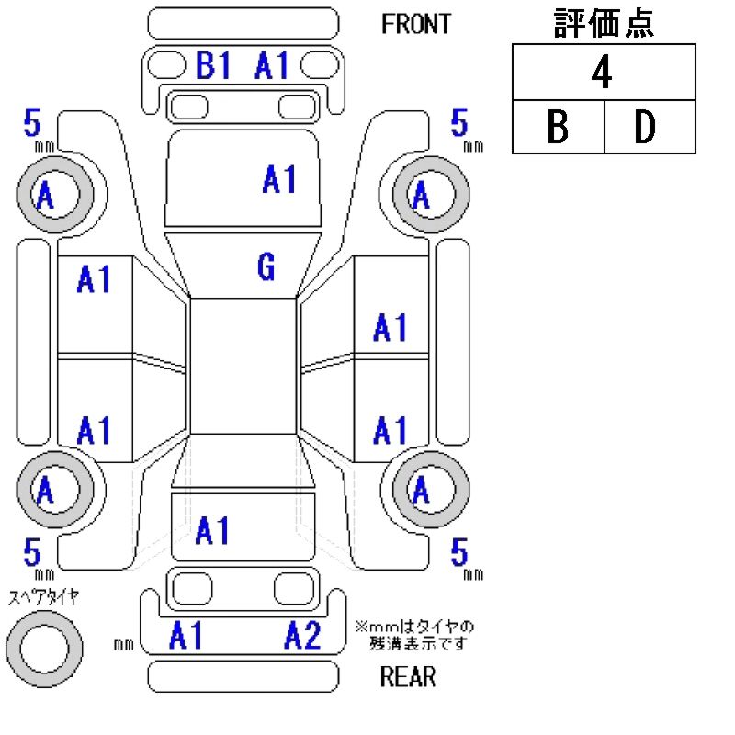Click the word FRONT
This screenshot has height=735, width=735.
416,24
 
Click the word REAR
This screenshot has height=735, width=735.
408,676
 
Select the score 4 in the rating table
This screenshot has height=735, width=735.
602,72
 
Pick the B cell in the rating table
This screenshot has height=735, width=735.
558,126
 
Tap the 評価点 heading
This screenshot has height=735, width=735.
604,23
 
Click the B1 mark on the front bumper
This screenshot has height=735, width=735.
213,64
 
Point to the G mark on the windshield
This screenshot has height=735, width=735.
266,266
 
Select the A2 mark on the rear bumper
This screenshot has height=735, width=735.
303,636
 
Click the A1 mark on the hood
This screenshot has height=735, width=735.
279,179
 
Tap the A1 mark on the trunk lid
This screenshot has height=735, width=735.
212,530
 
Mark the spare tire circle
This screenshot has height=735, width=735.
44,649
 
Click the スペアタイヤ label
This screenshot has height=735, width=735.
43,597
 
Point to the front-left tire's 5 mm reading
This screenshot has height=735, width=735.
39,129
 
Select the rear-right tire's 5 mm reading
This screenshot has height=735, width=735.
467,558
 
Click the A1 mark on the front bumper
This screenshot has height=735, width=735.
272,64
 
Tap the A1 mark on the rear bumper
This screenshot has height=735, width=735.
187,636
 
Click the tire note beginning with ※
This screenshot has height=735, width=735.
415,635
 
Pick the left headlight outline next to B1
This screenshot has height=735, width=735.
167,64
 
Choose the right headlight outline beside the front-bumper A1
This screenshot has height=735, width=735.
320,64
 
